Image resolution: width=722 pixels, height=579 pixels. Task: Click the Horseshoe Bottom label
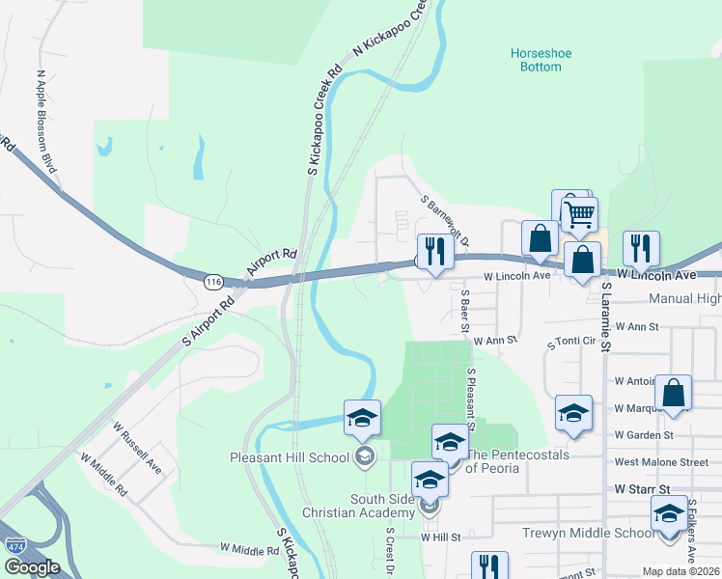[x=536, y=60]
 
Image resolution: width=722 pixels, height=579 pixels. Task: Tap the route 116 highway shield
[x=213, y=281]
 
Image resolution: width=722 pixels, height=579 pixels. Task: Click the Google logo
[x=32, y=567]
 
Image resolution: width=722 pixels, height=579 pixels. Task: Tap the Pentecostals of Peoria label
[x=518, y=461]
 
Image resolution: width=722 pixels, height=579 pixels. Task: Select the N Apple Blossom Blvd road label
[x=47, y=121]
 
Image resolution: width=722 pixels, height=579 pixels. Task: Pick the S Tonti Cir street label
[x=573, y=344]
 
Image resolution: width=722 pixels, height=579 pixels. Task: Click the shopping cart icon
[x=579, y=214]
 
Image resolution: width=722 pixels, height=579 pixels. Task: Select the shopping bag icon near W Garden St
[x=673, y=393]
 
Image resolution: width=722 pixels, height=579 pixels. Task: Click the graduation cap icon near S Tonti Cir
[x=573, y=413]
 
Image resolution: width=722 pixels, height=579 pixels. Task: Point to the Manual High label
[x=684, y=299]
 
